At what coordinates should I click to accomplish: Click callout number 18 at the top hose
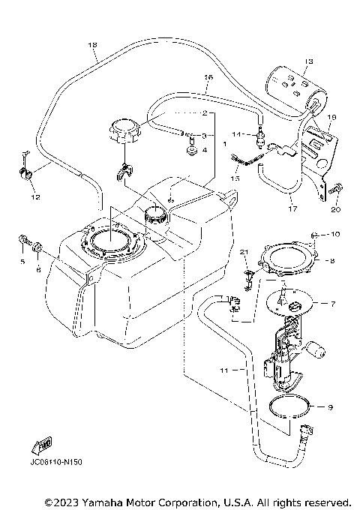(x=93, y=45)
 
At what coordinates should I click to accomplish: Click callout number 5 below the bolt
(x=22, y=262)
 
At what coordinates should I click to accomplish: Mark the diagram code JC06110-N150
(x=56, y=462)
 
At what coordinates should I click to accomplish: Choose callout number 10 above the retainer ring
(x=335, y=235)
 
